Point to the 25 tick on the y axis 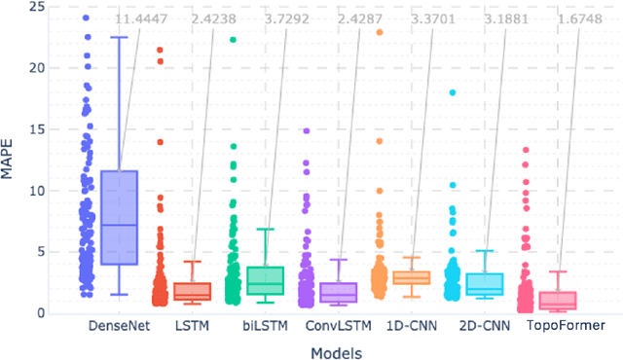[36, 7]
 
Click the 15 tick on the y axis [36, 129]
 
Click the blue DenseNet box [119, 217]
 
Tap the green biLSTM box [265, 280]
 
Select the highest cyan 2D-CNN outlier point [452, 93]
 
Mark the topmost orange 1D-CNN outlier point [379, 33]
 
